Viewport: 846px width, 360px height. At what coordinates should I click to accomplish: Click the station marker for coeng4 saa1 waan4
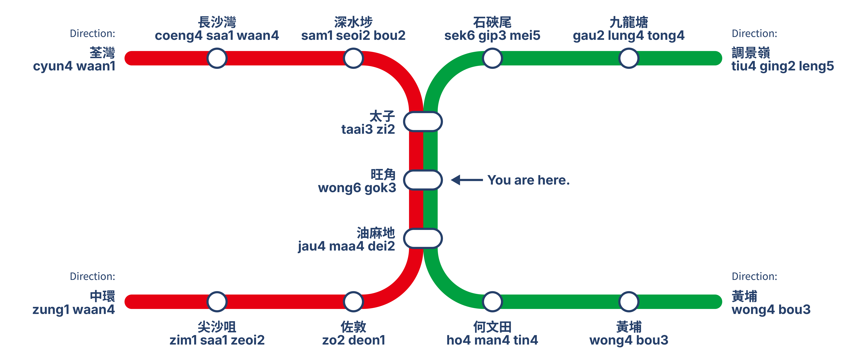pyautogui.click(x=217, y=58)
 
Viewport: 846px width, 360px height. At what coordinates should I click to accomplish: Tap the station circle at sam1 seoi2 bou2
pyautogui.click(x=353, y=58)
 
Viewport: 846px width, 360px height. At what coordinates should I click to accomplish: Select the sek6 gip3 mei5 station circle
pyautogui.click(x=492, y=58)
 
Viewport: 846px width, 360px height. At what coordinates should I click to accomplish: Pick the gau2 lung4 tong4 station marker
pyautogui.click(x=628, y=58)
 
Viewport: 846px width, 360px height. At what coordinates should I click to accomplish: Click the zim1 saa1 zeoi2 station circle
pyautogui.click(x=217, y=302)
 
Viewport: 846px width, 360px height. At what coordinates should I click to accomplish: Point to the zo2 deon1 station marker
pyautogui.click(x=353, y=302)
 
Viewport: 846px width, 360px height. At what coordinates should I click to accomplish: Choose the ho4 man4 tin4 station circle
pyautogui.click(x=492, y=302)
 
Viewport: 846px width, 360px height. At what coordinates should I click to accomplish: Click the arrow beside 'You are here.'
pyautogui.click(x=467, y=180)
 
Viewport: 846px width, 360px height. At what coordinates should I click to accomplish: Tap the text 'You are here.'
pyautogui.click(x=528, y=180)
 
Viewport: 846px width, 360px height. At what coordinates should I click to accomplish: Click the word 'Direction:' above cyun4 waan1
pyautogui.click(x=92, y=34)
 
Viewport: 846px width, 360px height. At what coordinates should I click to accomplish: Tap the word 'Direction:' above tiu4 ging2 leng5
pyautogui.click(x=754, y=34)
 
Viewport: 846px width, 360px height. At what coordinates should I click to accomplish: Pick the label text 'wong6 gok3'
pyautogui.click(x=357, y=188)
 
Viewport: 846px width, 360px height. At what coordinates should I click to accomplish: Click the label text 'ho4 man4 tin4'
pyautogui.click(x=492, y=340)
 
